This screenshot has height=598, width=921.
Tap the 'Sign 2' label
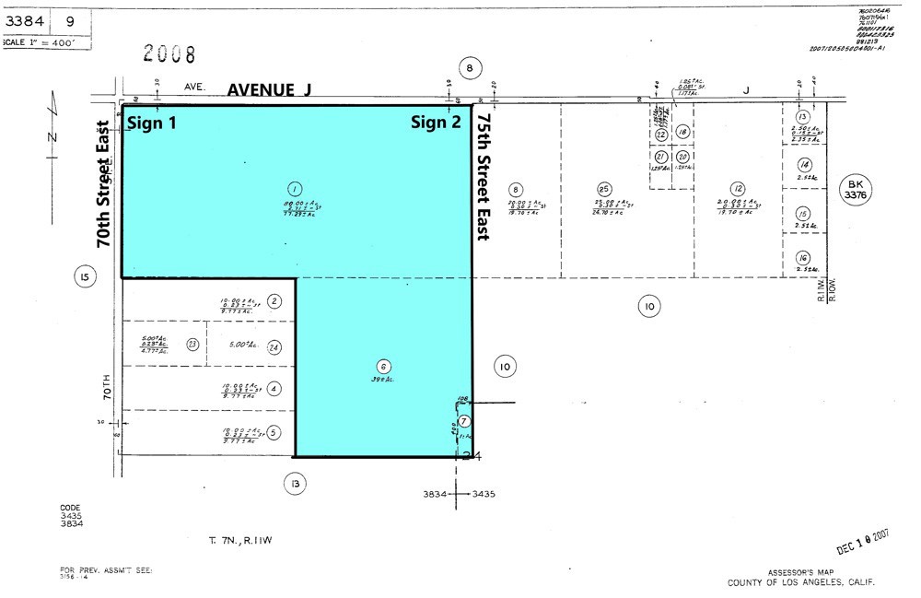click(436, 123)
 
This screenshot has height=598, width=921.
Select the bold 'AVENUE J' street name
click(270, 89)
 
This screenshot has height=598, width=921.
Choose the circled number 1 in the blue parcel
click(295, 185)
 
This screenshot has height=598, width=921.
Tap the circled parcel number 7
click(464, 421)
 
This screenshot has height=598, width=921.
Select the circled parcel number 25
click(604, 188)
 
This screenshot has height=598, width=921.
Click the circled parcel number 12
click(738, 188)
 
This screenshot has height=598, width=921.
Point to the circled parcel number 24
click(274, 346)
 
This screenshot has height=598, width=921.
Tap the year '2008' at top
click(170, 54)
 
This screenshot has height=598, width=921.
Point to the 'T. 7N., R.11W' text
click(240, 540)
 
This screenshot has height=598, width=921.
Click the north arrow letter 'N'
click(52, 138)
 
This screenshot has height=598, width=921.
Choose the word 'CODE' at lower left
click(71, 507)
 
